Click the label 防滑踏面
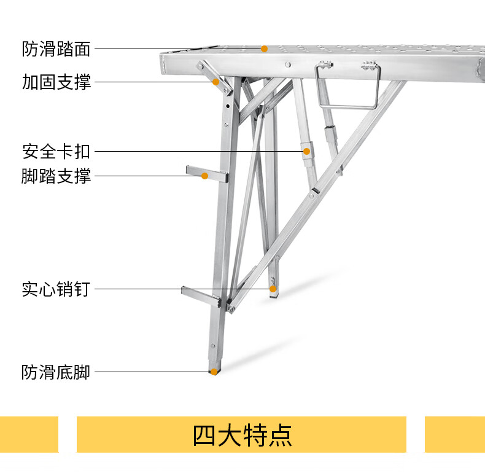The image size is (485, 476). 56,49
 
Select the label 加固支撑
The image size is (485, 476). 56,82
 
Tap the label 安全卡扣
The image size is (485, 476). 56,150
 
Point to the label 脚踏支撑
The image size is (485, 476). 56,176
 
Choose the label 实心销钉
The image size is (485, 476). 56,289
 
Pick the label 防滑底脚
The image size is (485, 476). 56,372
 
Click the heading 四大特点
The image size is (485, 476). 242,435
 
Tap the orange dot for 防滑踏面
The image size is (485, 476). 265,49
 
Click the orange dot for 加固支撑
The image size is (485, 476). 216,82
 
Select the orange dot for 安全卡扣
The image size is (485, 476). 305,150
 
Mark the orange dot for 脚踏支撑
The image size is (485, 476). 205,176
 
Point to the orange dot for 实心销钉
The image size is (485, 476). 273,289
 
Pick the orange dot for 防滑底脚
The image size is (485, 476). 214,372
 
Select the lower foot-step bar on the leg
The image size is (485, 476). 200,294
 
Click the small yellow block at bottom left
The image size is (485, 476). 29,434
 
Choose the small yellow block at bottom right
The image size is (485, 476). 454,434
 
